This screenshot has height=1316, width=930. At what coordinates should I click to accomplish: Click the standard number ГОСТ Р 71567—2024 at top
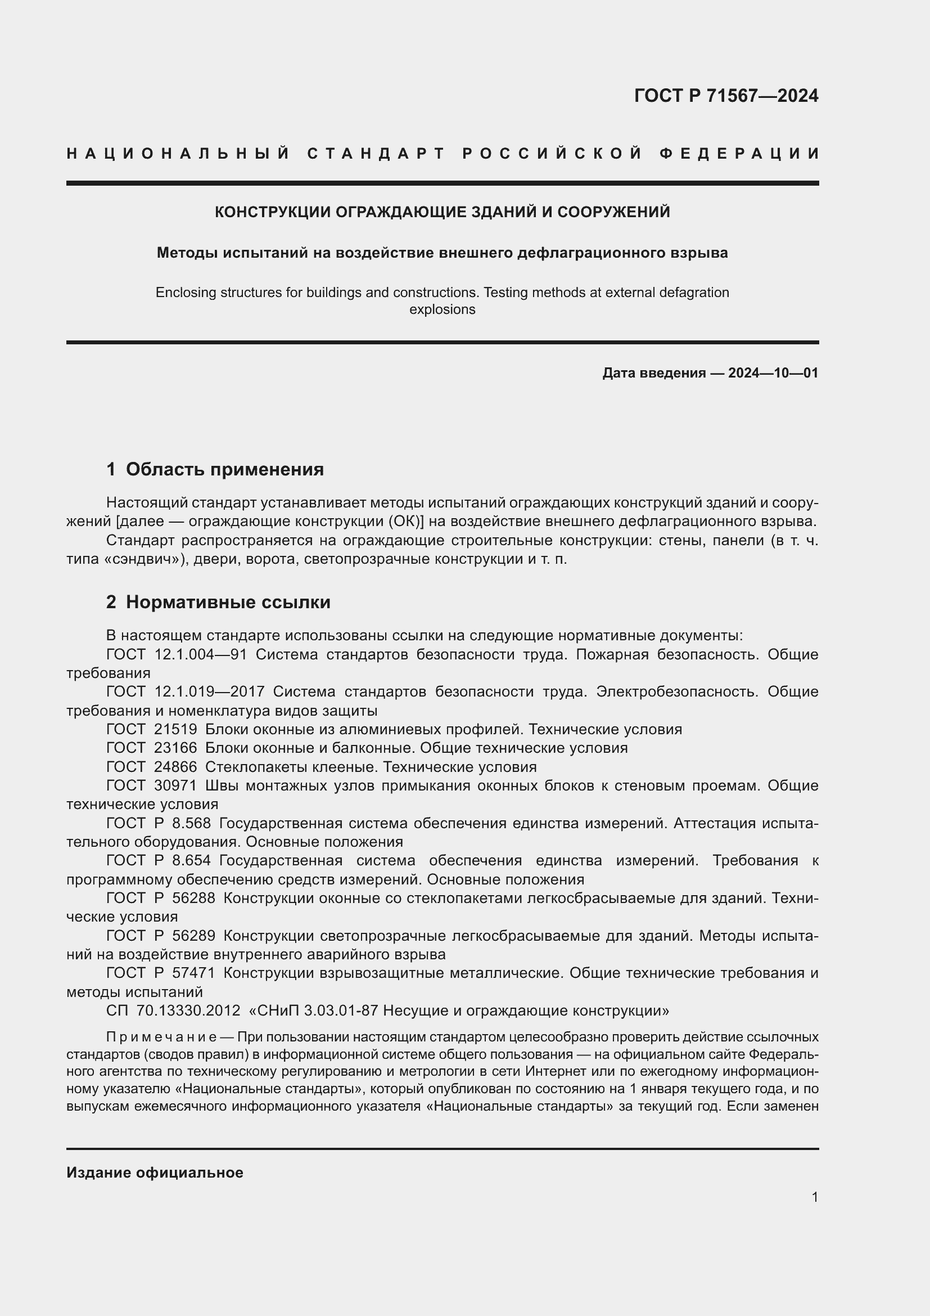[725, 96]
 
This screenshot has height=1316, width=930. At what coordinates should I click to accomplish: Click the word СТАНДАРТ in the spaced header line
[376, 154]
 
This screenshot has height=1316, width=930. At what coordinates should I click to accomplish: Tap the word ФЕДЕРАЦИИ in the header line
[739, 154]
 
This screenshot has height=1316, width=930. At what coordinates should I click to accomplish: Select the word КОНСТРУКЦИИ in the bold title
[272, 212]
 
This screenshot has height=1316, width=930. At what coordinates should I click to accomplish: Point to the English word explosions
[442, 309]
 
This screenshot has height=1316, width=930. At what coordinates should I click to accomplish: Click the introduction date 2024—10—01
[773, 373]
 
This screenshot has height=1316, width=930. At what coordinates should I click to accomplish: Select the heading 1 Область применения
[215, 469]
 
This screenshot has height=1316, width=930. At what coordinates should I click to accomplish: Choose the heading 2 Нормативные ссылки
[218, 603]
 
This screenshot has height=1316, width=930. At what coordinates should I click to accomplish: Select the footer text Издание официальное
[155, 1173]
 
